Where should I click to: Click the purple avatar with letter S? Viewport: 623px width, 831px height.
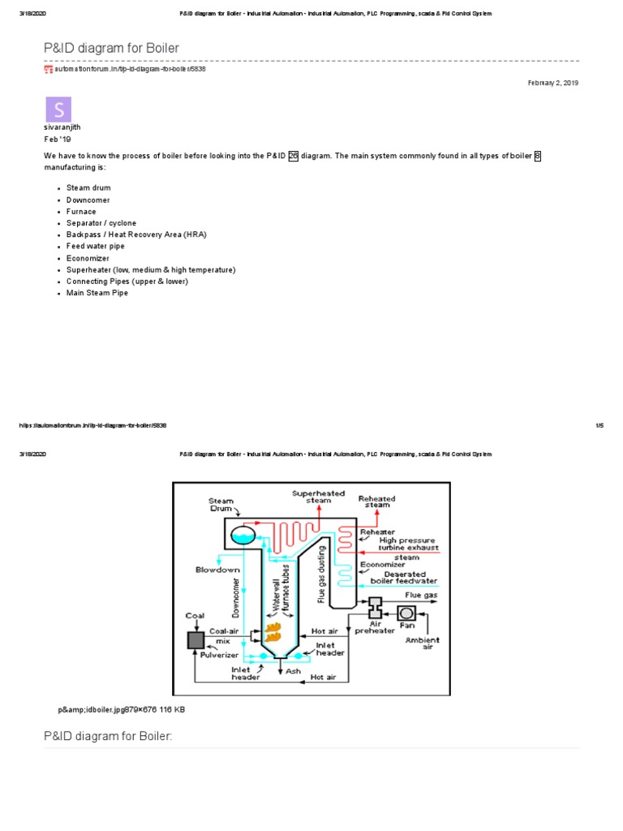click(58, 110)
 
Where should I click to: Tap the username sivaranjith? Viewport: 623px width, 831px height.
click(62, 127)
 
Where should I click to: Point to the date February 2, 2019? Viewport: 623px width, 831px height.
click(553, 83)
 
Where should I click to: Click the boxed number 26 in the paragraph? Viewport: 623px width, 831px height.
click(294, 155)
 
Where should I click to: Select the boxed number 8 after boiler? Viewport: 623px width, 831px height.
click(537, 155)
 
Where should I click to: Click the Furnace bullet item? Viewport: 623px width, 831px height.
click(81, 211)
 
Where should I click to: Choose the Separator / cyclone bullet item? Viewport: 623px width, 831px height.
click(101, 223)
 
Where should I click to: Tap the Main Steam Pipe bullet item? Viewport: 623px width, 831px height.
click(97, 293)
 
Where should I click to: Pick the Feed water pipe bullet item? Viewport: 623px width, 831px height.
click(95, 246)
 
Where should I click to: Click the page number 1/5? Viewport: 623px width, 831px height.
click(600, 425)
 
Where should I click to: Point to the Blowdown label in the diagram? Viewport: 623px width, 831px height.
click(218, 570)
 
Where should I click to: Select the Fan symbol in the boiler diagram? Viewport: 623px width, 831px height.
click(406, 611)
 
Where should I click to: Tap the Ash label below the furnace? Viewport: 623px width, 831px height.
click(293, 671)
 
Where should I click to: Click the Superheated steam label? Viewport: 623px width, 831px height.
click(318, 497)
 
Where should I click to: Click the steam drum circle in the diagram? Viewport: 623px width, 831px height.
click(243, 534)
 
